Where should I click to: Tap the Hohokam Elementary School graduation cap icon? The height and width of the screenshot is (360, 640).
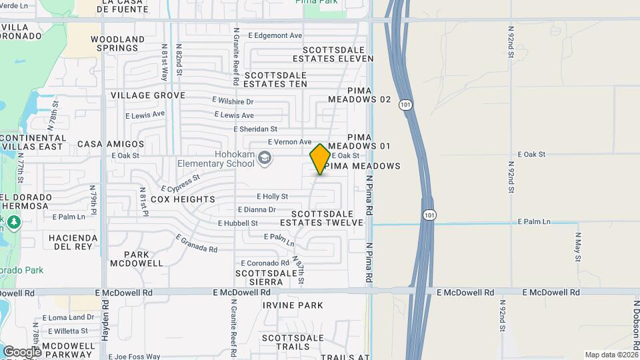pyautogui.click(x=265, y=158)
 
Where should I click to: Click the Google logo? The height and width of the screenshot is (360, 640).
pyautogui.click(x=21, y=351)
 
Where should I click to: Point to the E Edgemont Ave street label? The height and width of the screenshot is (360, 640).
pyautogui.click(x=275, y=35)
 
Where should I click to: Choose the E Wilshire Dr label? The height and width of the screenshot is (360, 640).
pyautogui.click(x=233, y=101)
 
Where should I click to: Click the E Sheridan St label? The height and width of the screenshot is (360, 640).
pyautogui.click(x=255, y=129)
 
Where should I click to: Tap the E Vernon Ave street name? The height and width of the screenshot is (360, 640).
pyautogui.click(x=289, y=142)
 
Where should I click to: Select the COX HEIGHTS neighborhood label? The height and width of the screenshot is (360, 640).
pyautogui.click(x=183, y=199)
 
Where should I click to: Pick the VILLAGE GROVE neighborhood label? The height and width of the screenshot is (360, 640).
pyautogui.click(x=148, y=95)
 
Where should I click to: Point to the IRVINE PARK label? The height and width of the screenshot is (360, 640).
pyautogui.click(x=293, y=305)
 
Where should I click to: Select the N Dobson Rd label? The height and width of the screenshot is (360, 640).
pyautogui.click(x=636, y=327)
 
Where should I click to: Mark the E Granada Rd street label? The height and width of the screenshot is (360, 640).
pyautogui.click(x=197, y=243)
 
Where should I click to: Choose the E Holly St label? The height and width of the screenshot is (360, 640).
pyautogui.click(x=273, y=197)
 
